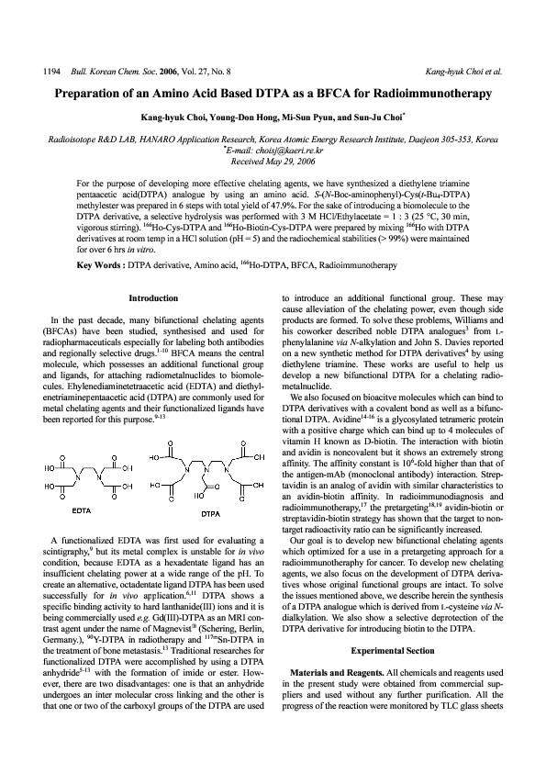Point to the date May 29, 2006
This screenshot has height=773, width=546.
(x=289, y=158)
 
